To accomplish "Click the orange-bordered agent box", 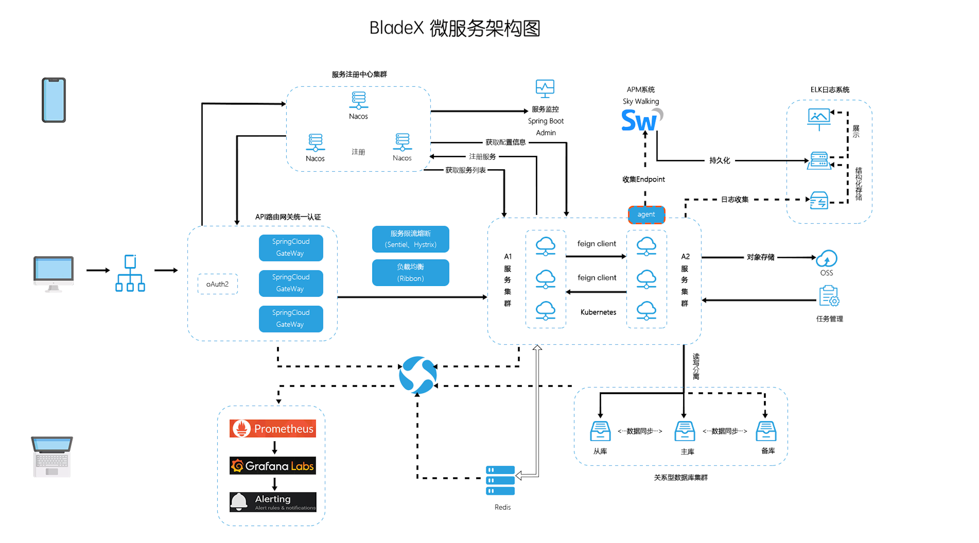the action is pyautogui.click(x=646, y=215).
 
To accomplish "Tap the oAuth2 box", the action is pyautogui.click(x=217, y=284).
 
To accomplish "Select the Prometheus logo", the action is pyautogui.click(x=272, y=429).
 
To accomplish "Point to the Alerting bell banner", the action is pyautogui.click(x=272, y=502).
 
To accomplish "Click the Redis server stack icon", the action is pyautogui.click(x=500, y=480).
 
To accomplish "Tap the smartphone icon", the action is pyautogui.click(x=54, y=100).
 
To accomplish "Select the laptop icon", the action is pyautogui.click(x=52, y=456).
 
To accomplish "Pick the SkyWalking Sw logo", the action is pyautogui.click(x=642, y=120).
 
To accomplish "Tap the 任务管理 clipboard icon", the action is pyautogui.click(x=829, y=296).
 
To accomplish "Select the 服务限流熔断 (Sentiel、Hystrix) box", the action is pyautogui.click(x=410, y=239).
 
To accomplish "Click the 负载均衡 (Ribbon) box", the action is pyautogui.click(x=410, y=272).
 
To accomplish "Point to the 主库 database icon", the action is pyautogui.click(x=685, y=431).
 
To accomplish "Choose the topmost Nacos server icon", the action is pyautogui.click(x=358, y=100).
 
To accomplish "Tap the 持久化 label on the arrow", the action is pyautogui.click(x=720, y=161).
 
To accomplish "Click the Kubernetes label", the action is pyautogui.click(x=598, y=312).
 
